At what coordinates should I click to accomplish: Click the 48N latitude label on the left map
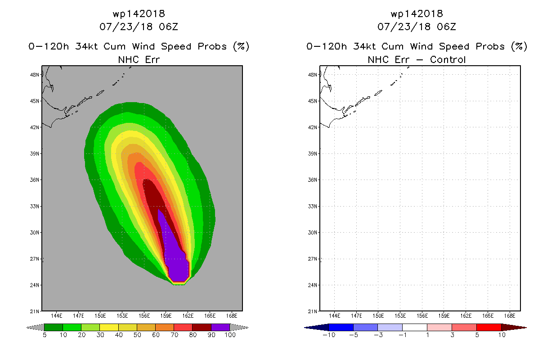coord(35,75)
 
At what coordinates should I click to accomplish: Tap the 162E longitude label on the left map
coord(188,316)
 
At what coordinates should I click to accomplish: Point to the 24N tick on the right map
coord(318,285)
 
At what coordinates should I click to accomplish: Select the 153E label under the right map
coord(400,316)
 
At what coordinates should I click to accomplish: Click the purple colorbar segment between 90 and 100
coord(220,327)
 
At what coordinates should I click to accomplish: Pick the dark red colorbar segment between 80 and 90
coord(202,327)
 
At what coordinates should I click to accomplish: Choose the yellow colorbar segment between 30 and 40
coord(109,327)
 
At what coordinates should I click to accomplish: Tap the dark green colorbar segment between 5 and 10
coord(54,327)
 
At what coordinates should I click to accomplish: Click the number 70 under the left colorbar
coord(174,335)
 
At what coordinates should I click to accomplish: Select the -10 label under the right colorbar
coord(329,335)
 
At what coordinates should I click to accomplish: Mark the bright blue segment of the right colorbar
coord(341,327)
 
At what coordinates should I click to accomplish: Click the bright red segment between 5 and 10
coord(489,327)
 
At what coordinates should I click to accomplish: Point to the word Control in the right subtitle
coord(448,59)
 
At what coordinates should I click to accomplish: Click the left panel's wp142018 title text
coord(139,14)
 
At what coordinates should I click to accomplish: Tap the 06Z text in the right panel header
coord(446,27)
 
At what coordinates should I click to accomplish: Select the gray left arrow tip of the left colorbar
coord(27,328)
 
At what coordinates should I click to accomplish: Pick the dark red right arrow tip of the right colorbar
coord(526,328)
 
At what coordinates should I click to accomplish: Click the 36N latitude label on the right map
coord(313,180)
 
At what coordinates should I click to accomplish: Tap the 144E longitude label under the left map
coord(57,316)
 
